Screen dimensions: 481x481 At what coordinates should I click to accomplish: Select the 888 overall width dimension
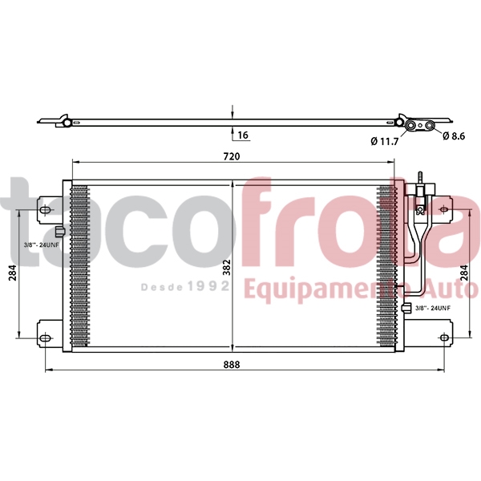(232, 364)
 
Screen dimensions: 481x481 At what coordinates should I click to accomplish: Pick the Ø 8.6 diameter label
(454, 136)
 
